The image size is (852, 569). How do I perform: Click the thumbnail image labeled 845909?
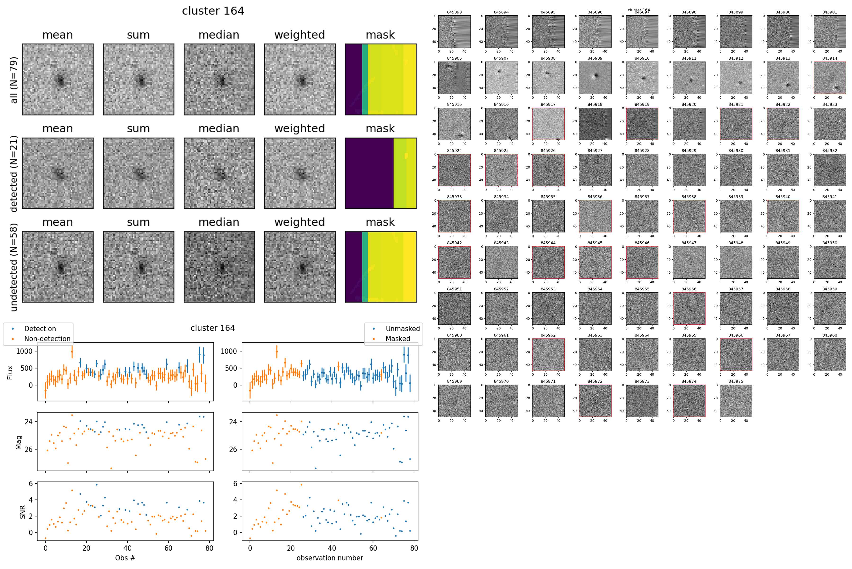tap(595, 78)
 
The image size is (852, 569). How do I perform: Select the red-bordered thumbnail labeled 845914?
tap(830, 78)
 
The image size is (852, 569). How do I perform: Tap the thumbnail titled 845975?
tap(736, 401)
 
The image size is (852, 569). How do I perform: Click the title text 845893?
tap(454, 12)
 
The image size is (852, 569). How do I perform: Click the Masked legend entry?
tap(398, 338)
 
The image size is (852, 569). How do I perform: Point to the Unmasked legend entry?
tap(402, 329)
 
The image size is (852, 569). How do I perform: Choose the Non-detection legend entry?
tap(47, 338)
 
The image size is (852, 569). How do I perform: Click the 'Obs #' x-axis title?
tap(125, 558)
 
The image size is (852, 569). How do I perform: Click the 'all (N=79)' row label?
tap(14, 80)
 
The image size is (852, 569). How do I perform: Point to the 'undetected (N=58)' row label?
tap(14, 267)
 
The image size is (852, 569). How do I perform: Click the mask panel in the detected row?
tap(380, 173)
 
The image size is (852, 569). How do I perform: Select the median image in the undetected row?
tap(219, 267)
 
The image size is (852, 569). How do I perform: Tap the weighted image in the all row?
tap(300, 80)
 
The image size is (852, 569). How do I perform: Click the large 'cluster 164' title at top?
tap(213, 11)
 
